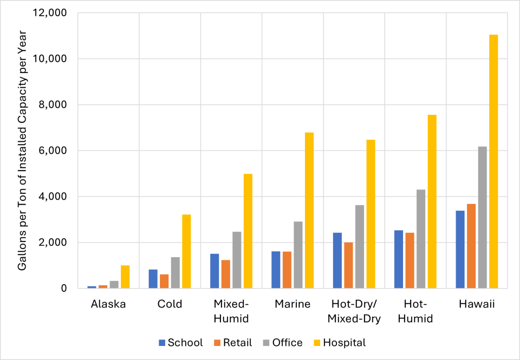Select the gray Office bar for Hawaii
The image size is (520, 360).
tap(482, 217)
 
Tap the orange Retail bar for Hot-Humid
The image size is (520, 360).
tap(409, 260)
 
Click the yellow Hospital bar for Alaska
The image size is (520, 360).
tap(125, 277)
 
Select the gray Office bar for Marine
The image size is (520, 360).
tap(298, 254)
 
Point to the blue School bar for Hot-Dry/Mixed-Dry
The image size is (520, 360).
tap(337, 260)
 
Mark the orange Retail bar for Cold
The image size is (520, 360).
tap(164, 282)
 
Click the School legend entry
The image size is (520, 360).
tap(180, 343)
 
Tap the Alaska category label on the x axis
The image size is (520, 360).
tap(108, 304)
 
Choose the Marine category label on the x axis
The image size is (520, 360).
tap(292, 304)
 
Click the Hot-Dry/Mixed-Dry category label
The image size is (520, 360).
tap(354, 311)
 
